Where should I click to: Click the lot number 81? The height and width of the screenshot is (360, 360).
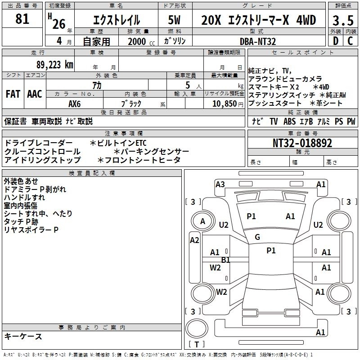click(22, 19)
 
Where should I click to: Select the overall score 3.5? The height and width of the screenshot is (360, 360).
click(342, 20)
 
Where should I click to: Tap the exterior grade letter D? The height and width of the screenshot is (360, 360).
click(335, 41)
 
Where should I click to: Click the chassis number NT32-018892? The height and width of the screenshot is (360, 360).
click(302, 143)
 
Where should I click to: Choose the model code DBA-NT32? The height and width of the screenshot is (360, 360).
click(258, 41)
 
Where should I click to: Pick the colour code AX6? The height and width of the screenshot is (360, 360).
click(75, 103)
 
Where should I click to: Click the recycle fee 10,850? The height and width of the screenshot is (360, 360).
click(224, 103)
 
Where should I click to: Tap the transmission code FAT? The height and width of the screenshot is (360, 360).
click(13, 94)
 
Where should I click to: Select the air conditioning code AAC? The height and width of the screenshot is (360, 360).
click(35, 94)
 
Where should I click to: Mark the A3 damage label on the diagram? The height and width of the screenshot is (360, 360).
click(220, 184)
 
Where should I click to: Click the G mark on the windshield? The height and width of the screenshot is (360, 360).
click(257, 237)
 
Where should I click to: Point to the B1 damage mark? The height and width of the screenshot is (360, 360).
click(226, 260)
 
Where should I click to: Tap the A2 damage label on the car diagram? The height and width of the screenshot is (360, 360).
click(194, 240)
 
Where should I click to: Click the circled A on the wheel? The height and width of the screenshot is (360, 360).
click(202, 221)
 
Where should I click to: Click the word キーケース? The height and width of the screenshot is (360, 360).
click(23, 336)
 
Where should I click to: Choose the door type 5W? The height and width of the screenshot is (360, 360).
click(174, 20)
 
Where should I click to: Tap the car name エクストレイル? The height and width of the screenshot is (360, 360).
click(116, 20)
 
